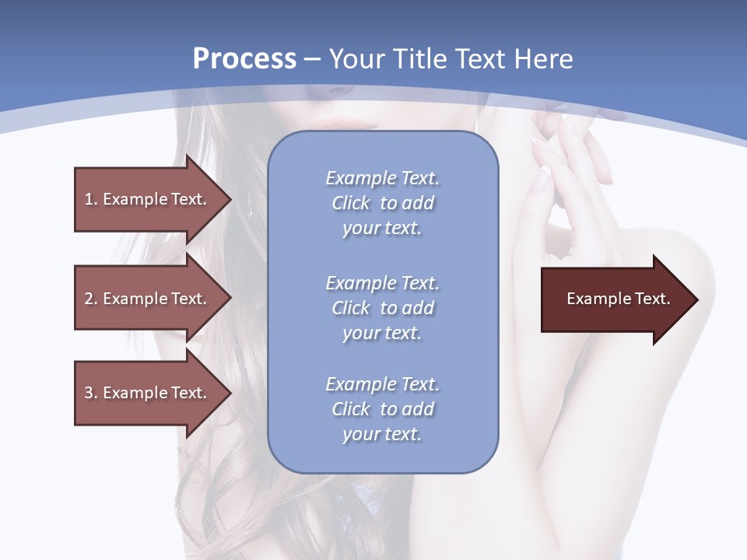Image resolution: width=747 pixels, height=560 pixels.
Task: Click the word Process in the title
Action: click(x=244, y=59)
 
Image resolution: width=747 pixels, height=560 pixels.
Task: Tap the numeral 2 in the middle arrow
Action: click(x=89, y=299)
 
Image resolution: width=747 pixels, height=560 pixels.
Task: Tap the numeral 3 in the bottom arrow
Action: click(x=89, y=393)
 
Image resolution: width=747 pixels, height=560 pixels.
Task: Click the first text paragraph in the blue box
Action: click(x=382, y=203)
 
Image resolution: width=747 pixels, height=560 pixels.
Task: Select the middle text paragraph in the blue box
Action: click(x=382, y=308)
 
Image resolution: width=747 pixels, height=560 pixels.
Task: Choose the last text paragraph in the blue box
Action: click(x=382, y=409)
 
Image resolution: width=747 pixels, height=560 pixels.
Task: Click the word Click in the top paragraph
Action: click(x=351, y=203)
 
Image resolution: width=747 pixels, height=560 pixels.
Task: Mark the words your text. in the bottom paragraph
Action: click(x=382, y=434)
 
